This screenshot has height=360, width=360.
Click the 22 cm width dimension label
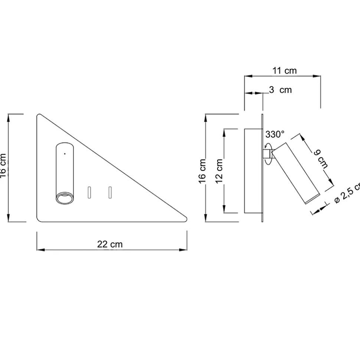110,244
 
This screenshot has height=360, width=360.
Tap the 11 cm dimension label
285,70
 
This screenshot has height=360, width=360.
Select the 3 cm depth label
280,90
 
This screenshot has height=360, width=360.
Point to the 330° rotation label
275,134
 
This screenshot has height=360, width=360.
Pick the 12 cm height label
219,171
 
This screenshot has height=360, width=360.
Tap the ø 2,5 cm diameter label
347,193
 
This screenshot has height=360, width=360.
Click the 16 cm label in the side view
203,170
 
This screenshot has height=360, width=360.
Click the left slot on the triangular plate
89,192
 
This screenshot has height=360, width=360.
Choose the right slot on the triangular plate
110,192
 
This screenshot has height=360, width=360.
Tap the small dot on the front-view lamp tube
65,153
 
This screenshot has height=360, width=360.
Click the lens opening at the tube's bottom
64,198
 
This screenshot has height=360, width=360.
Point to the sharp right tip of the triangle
186,220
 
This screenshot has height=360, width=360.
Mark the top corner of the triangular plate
39,115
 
